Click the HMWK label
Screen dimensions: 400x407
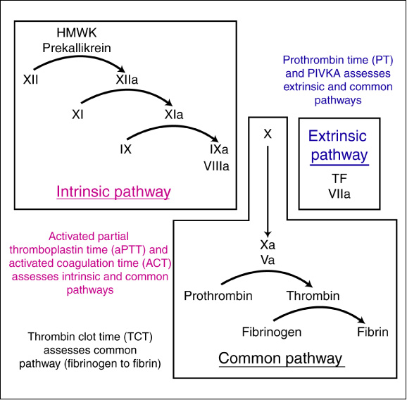(x=76, y=33)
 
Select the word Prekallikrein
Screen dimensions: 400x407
(x=76, y=47)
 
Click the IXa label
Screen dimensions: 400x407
(x=218, y=151)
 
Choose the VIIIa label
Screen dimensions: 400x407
(x=219, y=166)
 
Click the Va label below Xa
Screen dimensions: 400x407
(x=268, y=260)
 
